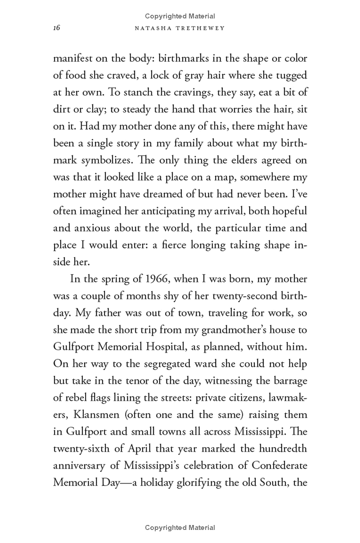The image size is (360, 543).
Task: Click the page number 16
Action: (56, 27)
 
